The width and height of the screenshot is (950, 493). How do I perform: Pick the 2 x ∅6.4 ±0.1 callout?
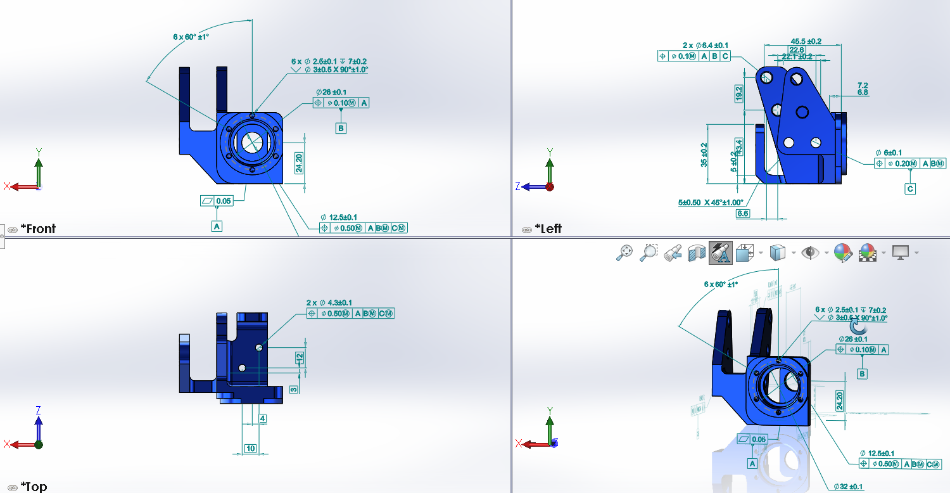click(705, 45)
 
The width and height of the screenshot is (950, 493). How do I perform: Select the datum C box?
click(910, 189)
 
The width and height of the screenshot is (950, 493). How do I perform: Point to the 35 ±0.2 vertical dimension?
click(704, 155)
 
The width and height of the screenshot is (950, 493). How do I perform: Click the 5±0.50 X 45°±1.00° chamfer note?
click(710, 203)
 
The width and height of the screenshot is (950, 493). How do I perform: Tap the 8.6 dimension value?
click(742, 214)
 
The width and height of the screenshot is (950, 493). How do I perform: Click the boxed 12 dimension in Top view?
click(300, 357)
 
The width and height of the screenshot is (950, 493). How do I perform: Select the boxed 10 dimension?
click(250, 449)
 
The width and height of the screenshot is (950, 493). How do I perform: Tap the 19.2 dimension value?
click(739, 93)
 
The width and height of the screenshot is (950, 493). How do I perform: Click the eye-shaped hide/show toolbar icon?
click(809, 253)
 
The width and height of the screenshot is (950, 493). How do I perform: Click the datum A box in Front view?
click(217, 226)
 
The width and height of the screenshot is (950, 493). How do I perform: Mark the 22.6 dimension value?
click(796, 50)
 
